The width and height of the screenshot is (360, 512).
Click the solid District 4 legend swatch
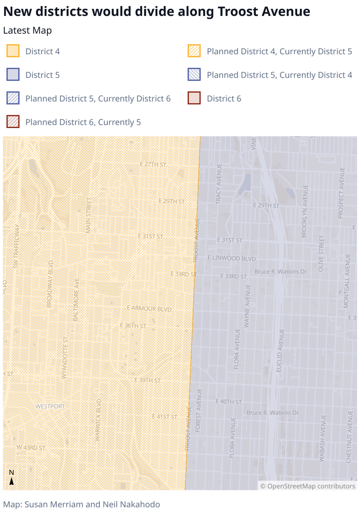13,51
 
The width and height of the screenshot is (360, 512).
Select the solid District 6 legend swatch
194,98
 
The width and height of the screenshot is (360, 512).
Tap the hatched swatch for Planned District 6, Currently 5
13,122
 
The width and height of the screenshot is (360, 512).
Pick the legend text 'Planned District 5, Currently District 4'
279,75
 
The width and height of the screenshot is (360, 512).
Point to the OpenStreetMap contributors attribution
308,486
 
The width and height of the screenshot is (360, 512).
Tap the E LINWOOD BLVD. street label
232,258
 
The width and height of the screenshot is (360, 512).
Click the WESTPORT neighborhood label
50,406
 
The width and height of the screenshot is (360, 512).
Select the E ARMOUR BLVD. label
150,308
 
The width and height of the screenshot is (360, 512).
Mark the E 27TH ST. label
154,164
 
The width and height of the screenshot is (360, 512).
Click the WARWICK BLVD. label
98,419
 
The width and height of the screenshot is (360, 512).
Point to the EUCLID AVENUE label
281,350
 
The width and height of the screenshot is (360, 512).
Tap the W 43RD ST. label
32,448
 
